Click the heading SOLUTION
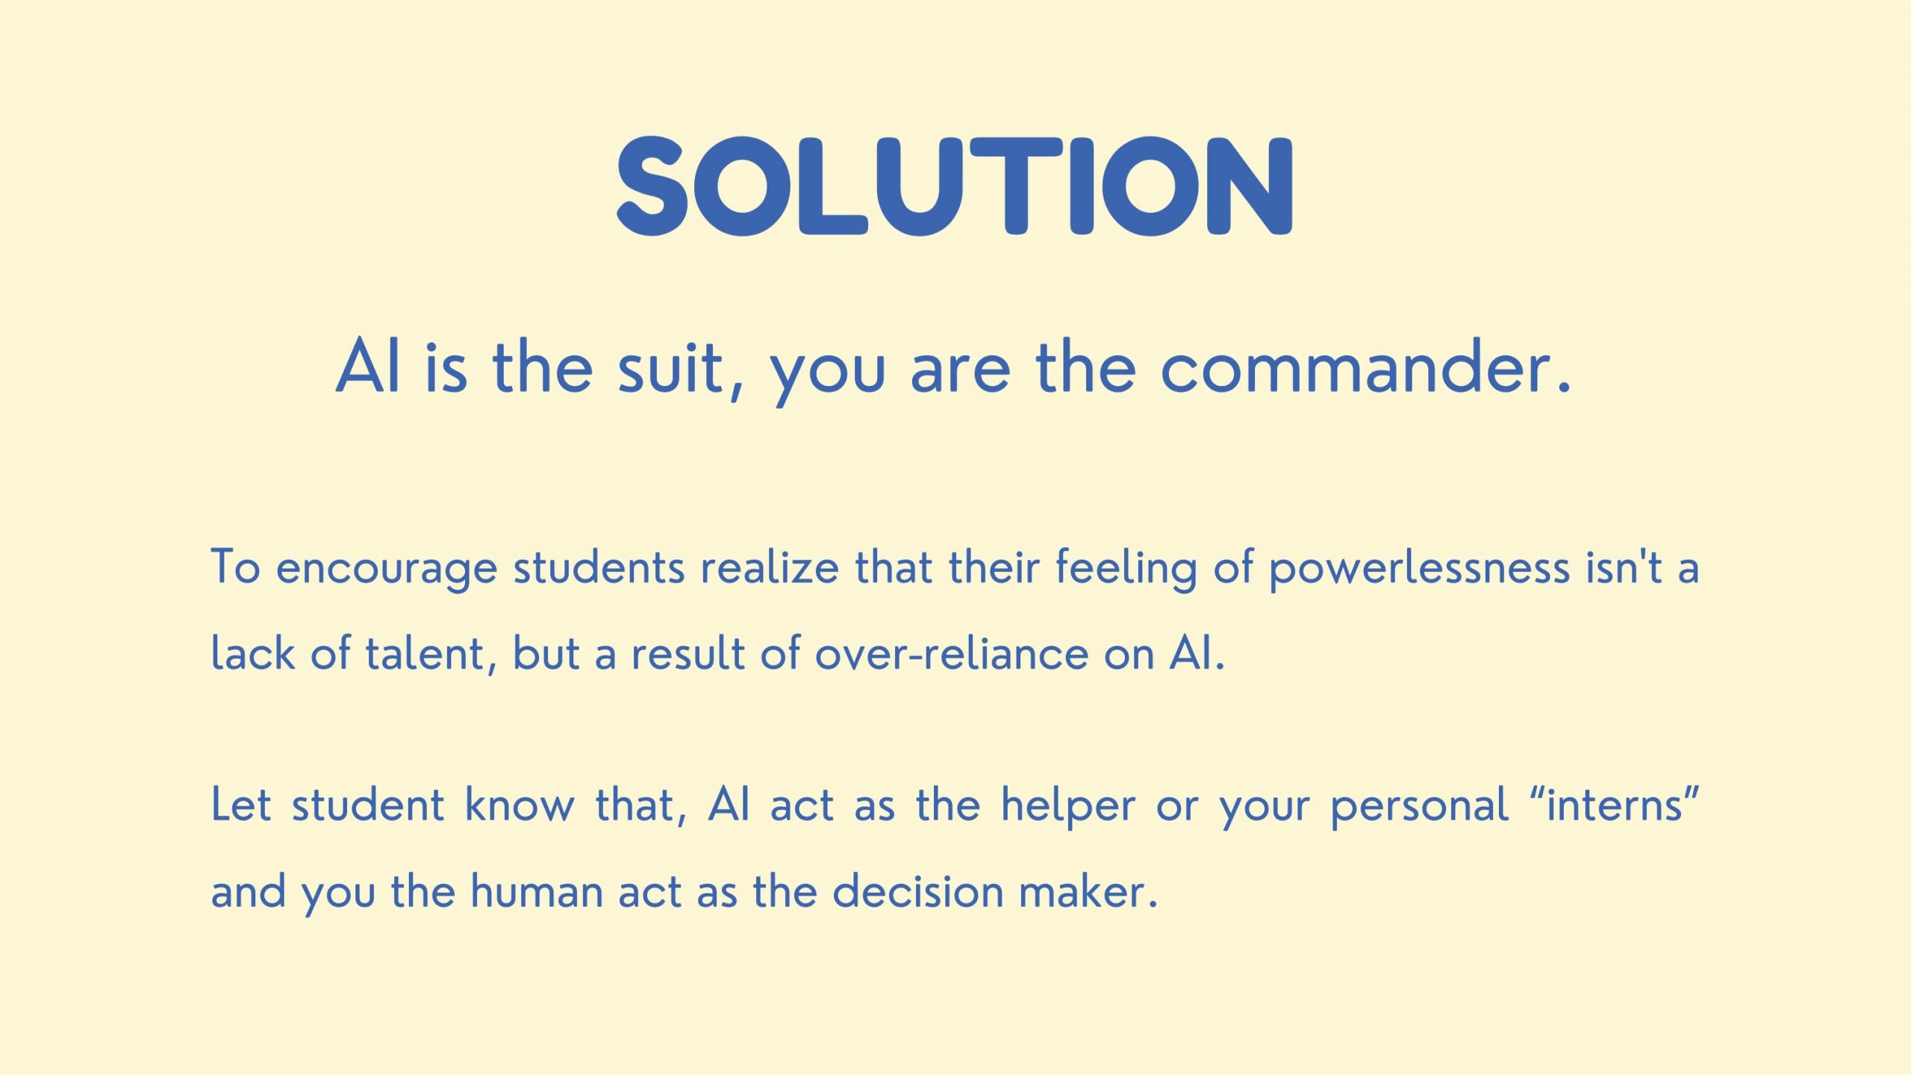[x=955, y=186]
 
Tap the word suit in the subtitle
[x=670, y=368]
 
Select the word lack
[x=253, y=652]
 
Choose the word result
[x=688, y=652]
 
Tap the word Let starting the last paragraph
[x=241, y=805]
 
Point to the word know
[x=520, y=805]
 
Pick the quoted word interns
[x=1615, y=805]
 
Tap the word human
[x=537, y=891]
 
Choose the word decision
[x=917, y=891]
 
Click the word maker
[x=1088, y=891]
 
